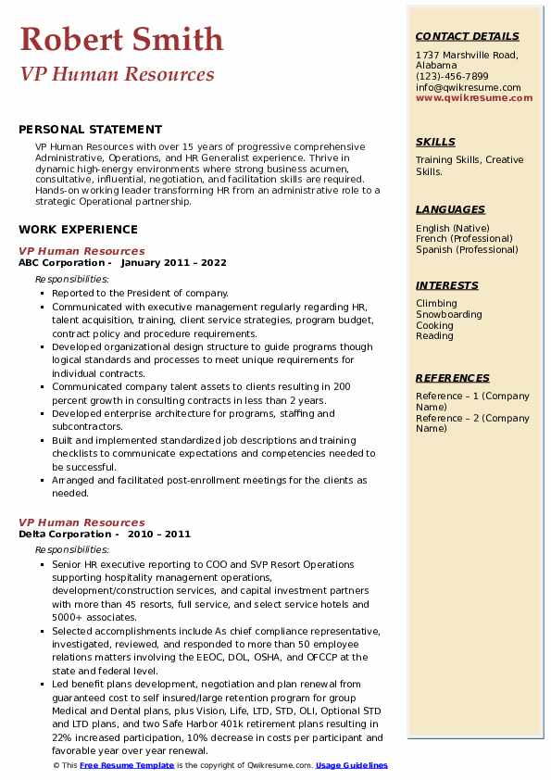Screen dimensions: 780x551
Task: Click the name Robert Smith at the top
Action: click(x=121, y=39)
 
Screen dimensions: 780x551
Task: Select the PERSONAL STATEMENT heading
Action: click(x=90, y=130)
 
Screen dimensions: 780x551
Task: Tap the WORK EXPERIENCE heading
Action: click(x=78, y=230)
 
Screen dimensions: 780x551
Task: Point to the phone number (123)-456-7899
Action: click(x=452, y=77)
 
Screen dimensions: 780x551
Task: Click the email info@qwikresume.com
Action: click(x=468, y=87)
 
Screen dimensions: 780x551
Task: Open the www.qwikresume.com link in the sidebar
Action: click(x=474, y=97)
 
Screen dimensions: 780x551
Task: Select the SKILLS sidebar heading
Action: click(x=435, y=143)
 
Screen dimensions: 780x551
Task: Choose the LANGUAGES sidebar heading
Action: click(x=452, y=210)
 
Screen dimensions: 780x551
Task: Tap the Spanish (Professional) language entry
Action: click(x=466, y=249)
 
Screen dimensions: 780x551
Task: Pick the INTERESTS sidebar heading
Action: click(x=447, y=286)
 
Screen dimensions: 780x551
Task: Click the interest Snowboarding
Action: click(x=449, y=314)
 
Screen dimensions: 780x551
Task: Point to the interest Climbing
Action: click(x=436, y=304)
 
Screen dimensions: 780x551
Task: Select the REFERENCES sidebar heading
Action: click(x=453, y=379)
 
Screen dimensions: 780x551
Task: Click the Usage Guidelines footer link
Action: click(x=352, y=766)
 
